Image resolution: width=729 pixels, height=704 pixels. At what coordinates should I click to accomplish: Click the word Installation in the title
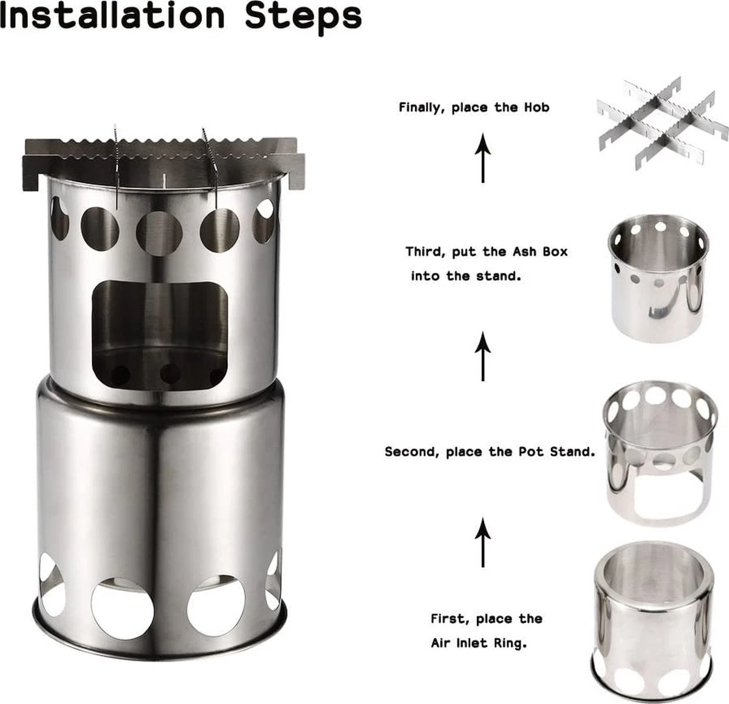(112, 16)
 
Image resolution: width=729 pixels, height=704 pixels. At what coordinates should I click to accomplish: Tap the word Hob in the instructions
(536, 108)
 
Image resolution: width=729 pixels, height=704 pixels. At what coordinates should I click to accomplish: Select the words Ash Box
(540, 251)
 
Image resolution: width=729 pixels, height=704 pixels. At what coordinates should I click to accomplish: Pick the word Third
(426, 252)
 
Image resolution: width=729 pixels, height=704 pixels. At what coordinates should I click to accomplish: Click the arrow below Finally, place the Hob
(483, 158)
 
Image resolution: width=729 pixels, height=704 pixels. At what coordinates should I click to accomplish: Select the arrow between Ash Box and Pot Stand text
(483, 356)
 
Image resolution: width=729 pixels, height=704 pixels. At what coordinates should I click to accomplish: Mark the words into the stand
(466, 276)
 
